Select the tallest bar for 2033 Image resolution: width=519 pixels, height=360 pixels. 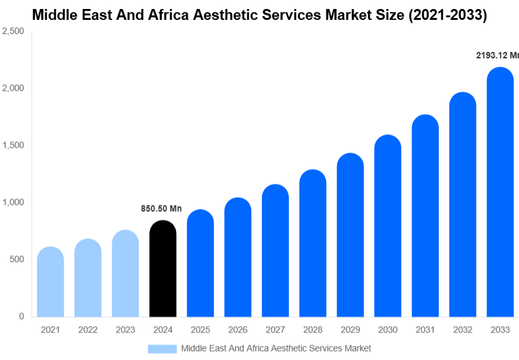click(500, 192)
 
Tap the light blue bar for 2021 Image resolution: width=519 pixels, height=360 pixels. click(51, 282)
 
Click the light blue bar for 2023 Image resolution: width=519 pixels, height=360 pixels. click(126, 274)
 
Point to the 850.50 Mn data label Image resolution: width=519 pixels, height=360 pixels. click(161, 209)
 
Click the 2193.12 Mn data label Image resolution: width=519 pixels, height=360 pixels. click(497, 56)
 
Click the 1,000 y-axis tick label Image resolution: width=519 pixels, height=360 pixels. click(13, 202)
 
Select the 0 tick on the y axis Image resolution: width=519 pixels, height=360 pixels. click(21, 316)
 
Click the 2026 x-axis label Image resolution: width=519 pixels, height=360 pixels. click(238, 330)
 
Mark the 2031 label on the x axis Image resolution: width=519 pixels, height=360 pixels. click(425, 330)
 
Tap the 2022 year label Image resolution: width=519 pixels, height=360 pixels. click(88, 330)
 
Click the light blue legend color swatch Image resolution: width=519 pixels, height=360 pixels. click(162, 348)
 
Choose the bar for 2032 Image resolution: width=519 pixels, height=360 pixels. click(463, 205)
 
